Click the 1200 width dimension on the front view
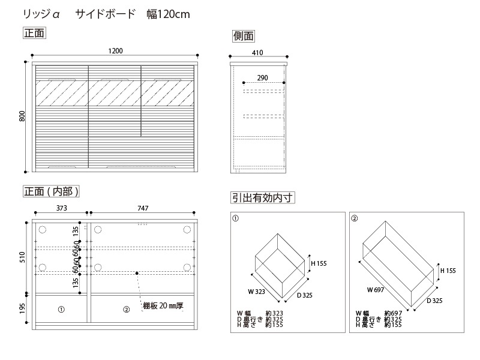coord(115,51)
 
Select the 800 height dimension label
coord(22,116)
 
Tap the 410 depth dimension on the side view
coord(257,53)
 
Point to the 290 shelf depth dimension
coord(263,78)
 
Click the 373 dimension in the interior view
coord(62,208)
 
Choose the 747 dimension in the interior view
coord(143,208)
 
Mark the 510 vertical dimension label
coord(22,257)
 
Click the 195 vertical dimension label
coord(22,308)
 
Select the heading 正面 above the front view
coord(34,33)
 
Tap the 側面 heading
coord(244,36)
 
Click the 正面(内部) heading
coord(51,191)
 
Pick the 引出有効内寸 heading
coord(263,198)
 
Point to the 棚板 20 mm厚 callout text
coord(163,305)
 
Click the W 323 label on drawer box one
coord(257,292)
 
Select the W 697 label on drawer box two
coord(376,290)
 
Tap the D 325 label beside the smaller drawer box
coord(305,295)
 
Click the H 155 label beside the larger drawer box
coord(448,271)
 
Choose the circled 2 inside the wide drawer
coord(127,310)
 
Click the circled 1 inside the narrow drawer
coord(61,310)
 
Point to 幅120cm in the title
coord(168,14)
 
